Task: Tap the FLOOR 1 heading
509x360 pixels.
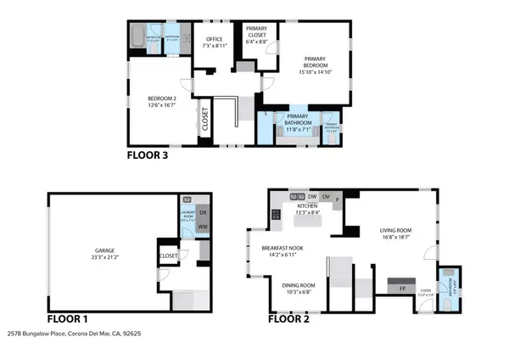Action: pos(70,320)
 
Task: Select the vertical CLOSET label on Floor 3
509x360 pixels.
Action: pos(204,121)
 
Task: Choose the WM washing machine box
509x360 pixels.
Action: pos(201,228)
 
